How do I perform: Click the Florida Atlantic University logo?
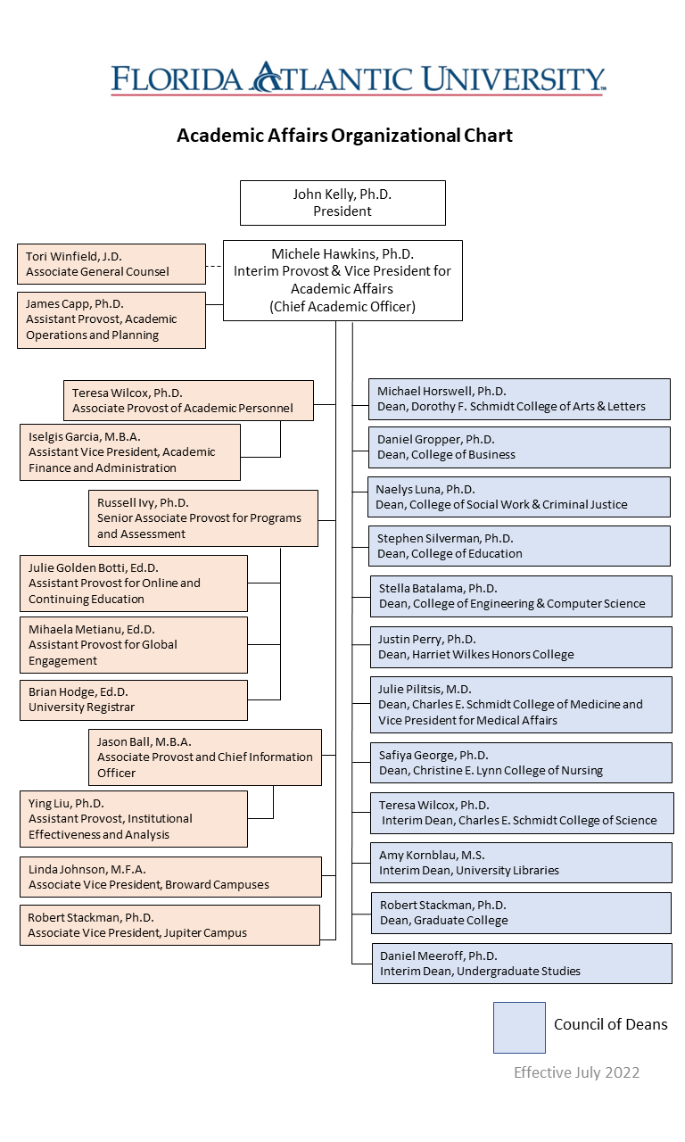coord(359,79)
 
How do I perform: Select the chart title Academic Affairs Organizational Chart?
coord(344,136)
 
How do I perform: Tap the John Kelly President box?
coord(342,203)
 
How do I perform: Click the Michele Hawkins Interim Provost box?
coord(342,280)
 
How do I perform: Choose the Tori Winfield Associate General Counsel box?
coord(111,264)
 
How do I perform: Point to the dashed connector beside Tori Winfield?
coord(214,265)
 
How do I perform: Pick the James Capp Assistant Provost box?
coord(111,319)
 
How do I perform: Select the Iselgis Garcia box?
coord(130,452)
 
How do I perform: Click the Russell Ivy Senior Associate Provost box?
coord(203,517)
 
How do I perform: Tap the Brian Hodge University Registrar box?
coord(134,699)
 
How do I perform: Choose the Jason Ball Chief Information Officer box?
coord(205,757)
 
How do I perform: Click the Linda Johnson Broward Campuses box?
coord(170,877)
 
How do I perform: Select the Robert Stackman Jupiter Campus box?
coord(169,925)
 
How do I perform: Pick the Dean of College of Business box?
coord(519,447)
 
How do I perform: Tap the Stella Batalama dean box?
coord(521,596)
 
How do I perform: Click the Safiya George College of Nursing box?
coord(521,763)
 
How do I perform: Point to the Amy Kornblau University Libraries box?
coord(521,863)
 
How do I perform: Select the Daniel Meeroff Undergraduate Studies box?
coord(522,964)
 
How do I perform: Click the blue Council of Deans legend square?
coord(519,1027)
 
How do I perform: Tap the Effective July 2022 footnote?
coord(576,1072)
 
